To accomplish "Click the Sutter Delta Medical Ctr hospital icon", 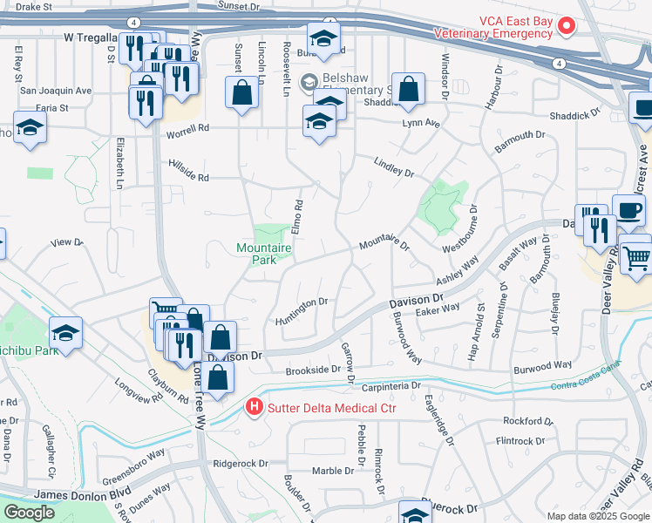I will [254, 407].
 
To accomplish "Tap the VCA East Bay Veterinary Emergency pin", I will [567, 26].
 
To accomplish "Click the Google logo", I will [30, 513].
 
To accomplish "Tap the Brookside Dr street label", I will [313, 370].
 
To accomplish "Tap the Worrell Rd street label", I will [189, 127].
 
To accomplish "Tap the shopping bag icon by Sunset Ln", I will [241, 92].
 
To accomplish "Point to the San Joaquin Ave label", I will [56, 90].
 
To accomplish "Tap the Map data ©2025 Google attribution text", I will [598, 515].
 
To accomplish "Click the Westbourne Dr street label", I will [459, 229].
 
